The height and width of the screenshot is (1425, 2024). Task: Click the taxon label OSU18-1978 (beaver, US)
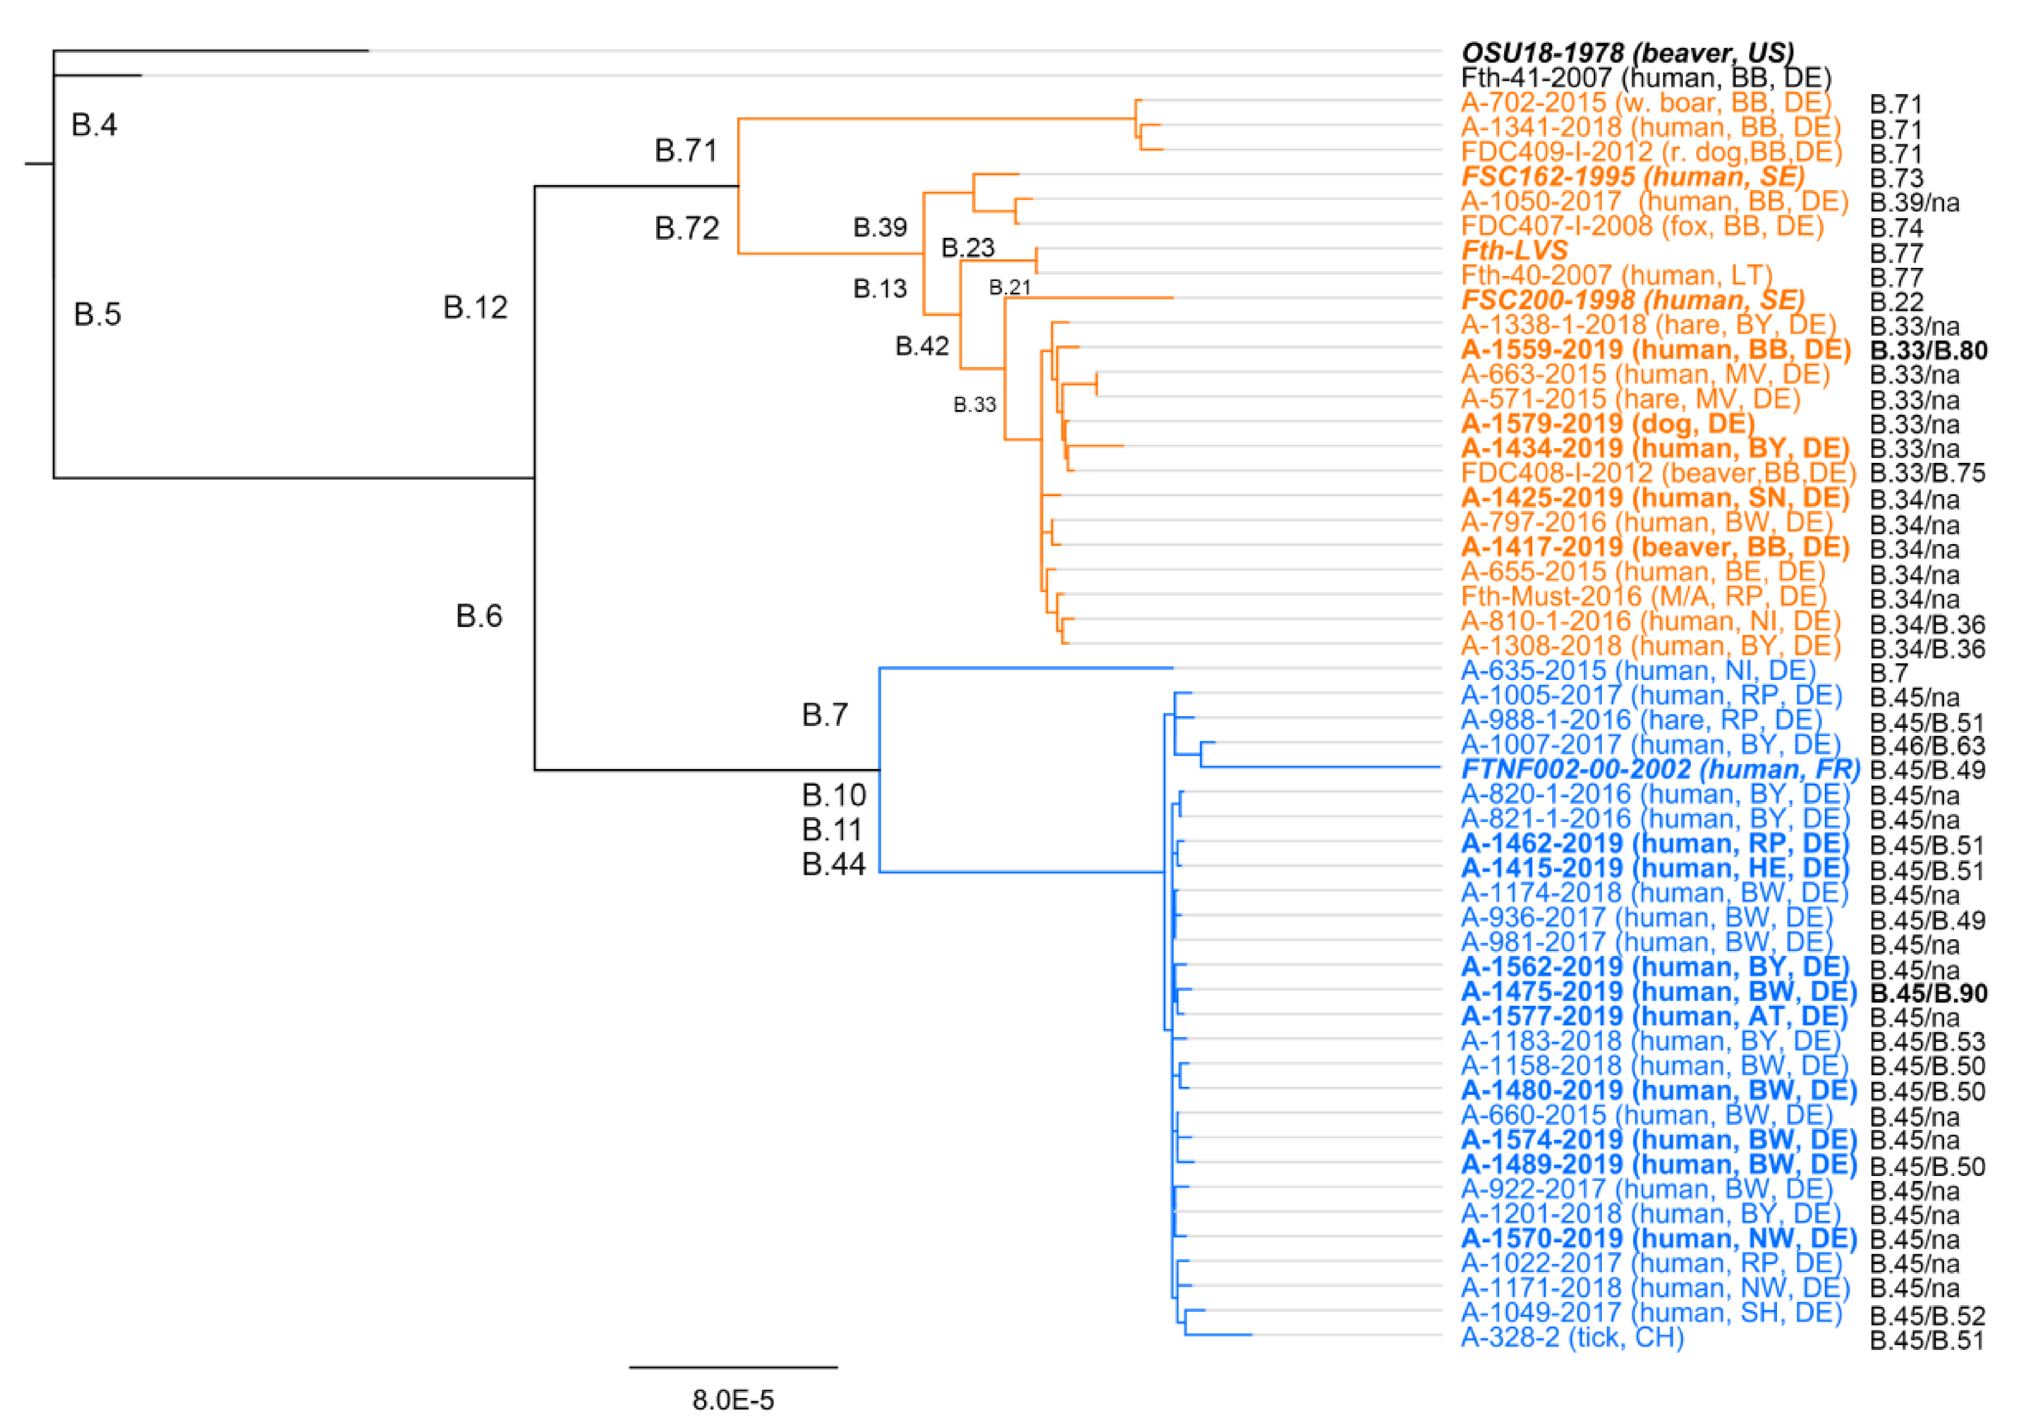pos(1626,53)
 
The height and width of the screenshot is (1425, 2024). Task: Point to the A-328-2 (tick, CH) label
pos(1572,1338)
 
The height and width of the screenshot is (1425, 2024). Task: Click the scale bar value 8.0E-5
pos(732,1399)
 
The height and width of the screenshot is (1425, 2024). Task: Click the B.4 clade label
pos(95,125)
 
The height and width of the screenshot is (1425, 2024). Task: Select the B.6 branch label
pos(479,615)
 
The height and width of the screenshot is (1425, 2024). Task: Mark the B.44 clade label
pos(834,864)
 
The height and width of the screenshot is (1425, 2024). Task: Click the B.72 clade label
pos(687,229)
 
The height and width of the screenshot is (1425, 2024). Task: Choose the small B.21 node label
pos(1010,288)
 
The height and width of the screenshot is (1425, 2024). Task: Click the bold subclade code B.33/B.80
pos(1928,350)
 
